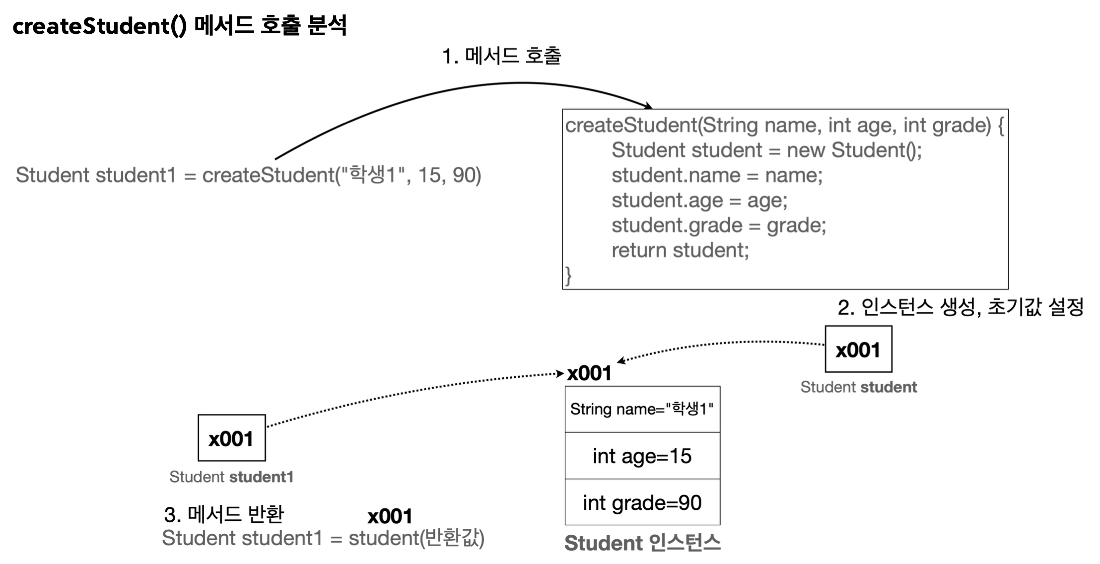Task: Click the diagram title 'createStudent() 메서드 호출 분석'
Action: pyautogui.click(x=179, y=26)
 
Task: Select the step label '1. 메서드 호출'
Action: pyautogui.click(x=501, y=56)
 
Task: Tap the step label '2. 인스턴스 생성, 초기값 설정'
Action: pyautogui.click(x=960, y=307)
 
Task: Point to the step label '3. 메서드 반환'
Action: pyautogui.click(x=224, y=514)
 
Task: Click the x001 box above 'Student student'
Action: pyautogui.click(x=858, y=350)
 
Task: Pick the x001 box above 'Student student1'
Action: pyautogui.click(x=231, y=438)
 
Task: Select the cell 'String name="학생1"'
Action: pyautogui.click(x=642, y=409)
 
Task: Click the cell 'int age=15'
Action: pyautogui.click(x=642, y=456)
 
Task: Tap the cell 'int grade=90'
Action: pyautogui.click(x=642, y=502)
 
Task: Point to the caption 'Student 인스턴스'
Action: pyautogui.click(x=642, y=543)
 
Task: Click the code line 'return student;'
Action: pyautogui.click(x=680, y=250)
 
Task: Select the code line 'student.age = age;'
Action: pyautogui.click(x=699, y=201)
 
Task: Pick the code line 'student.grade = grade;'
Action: pyautogui.click(x=718, y=225)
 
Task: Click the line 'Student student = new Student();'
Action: pyautogui.click(x=766, y=150)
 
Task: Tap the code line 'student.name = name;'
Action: pyautogui.click(x=717, y=175)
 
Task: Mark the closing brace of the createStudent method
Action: pyautogui.click(x=568, y=276)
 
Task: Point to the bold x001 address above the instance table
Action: pyautogui.click(x=589, y=373)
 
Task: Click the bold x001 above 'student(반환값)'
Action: pyautogui.click(x=390, y=517)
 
